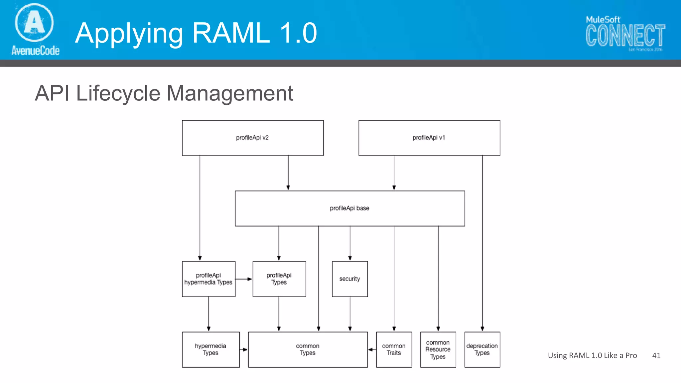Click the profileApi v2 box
pos(253,138)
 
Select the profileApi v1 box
pos(429,138)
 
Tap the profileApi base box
pos(350,208)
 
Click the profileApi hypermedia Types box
pos(208,279)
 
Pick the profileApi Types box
pos(279,279)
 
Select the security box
pos(350,279)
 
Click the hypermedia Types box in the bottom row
pos(210,349)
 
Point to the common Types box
pos(308,349)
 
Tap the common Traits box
pos(394,349)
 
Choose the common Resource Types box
pos(438,349)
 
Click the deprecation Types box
pos(482,349)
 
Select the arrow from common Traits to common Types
pos(372,349)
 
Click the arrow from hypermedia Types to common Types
pos(244,349)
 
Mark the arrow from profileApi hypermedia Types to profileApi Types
pos(244,279)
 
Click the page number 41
pos(656,355)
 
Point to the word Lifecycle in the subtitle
pos(118,93)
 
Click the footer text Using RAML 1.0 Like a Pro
pos(592,355)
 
